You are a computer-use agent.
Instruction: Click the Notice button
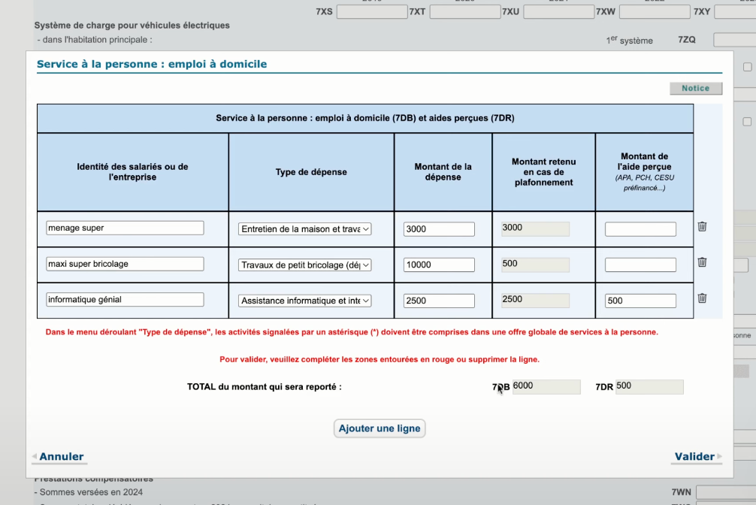click(x=695, y=89)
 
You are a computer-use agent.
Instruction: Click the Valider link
click(x=694, y=456)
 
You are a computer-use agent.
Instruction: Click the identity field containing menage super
click(x=125, y=228)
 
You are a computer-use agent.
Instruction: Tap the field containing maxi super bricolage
click(x=125, y=264)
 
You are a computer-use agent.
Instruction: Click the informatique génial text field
click(x=125, y=300)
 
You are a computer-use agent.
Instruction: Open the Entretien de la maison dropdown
click(x=305, y=229)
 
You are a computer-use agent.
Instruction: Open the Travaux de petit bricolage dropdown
click(x=305, y=265)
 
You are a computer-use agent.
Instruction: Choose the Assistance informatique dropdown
click(x=305, y=301)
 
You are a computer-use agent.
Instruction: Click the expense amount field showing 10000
click(x=439, y=265)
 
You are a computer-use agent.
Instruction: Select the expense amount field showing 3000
click(x=439, y=229)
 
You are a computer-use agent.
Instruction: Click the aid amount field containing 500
click(x=640, y=301)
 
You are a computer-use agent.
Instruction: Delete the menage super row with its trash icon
click(x=702, y=226)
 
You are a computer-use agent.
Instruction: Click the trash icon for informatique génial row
click(x=702, y=298)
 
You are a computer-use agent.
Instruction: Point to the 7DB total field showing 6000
click(x=546, y=386)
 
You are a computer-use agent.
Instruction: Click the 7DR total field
click(x=649, y=386)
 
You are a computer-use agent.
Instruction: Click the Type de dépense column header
click(x=311, y=172)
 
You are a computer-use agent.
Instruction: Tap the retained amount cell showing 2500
click(x=535, y=300)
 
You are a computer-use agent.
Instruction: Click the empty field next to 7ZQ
click(x=734, y=40)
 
